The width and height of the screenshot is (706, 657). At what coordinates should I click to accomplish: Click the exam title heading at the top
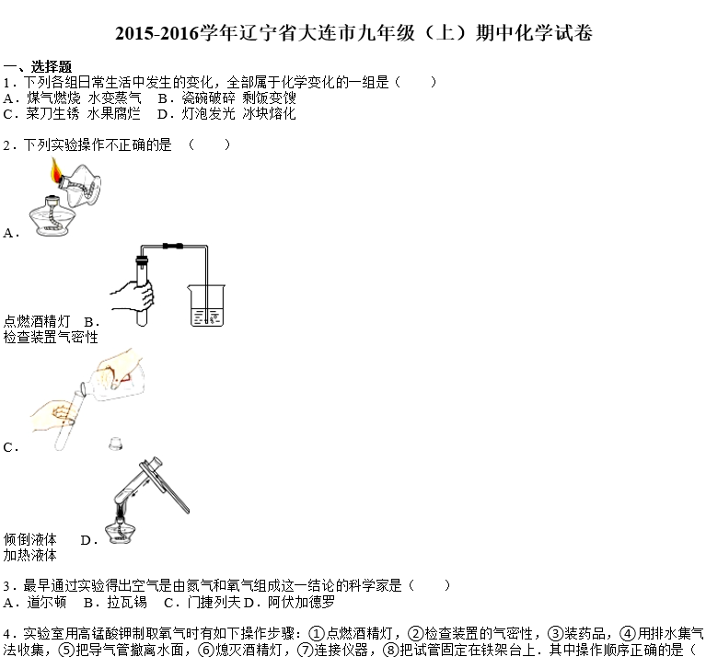[x=353, y=33]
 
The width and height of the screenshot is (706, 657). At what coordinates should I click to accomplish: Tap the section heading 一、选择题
[x=38, y=66]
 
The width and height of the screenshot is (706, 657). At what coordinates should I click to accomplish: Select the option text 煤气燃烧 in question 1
[x=53, y=98]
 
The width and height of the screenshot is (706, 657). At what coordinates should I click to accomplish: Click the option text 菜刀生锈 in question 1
[x=52, y=113]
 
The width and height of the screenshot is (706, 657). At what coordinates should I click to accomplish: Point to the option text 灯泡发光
[x=208, y=113]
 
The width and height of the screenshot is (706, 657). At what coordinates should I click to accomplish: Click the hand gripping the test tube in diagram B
[x=133, y=296]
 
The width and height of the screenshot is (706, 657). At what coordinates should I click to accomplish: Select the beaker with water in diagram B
[x=206, y=305]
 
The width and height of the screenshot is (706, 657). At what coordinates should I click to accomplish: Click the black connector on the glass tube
[x=173, y=246]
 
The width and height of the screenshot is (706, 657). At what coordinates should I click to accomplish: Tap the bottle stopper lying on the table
[x=116, y=444]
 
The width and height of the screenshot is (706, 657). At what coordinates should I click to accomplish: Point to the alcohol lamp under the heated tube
[x=120, y=532]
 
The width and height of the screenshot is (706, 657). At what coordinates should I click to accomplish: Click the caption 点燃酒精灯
[x=37, y=321]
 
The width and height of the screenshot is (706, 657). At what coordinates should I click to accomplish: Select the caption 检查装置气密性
[x=51, y=337]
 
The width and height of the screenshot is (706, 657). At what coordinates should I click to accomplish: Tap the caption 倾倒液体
[x=30, y=539]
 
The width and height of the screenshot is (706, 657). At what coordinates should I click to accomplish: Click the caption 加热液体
[x=30, y=555]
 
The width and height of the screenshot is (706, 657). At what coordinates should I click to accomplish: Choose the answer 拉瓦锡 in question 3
[x=127, y=602]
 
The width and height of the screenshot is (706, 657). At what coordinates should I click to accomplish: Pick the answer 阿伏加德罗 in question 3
[x=301, y=602]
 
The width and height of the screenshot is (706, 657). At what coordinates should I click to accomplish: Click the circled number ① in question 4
[x=317, y=634]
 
